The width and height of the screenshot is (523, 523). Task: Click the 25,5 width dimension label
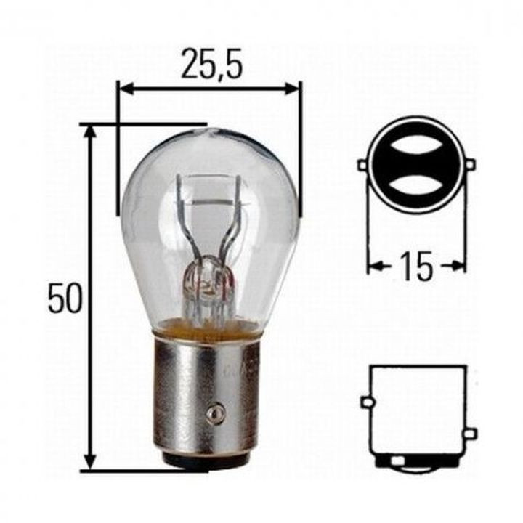pos(211,66)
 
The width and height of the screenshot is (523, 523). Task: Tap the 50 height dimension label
pos(65,298)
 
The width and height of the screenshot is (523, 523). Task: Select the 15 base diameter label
pos(415,267)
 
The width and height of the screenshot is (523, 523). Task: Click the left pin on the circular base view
pos(362,166)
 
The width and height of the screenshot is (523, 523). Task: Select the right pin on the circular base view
pos(469,165)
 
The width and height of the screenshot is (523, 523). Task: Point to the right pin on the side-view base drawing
pos(470,434)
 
